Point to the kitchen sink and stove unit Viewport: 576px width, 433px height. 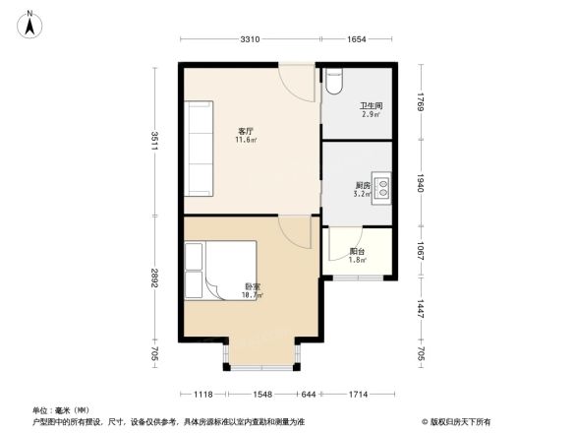point(381,186)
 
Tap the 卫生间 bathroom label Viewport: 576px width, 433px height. point(370,106)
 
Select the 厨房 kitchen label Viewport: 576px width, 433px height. point(363,185)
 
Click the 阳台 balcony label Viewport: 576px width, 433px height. point(357,252)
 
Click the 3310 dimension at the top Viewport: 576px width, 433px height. point(250,39)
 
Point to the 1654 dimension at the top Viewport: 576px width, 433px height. point(356,39)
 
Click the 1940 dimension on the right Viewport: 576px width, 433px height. point(420,183)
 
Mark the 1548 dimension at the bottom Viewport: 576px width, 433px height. point(260,394)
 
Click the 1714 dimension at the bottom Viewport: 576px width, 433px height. point(358,394)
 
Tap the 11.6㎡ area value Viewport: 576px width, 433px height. point(246,140)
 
